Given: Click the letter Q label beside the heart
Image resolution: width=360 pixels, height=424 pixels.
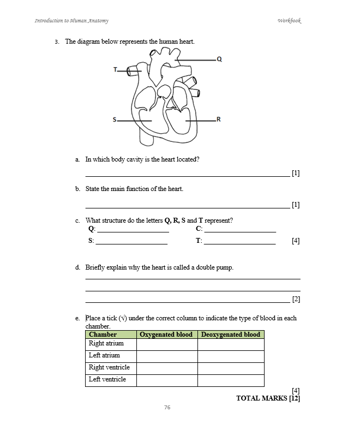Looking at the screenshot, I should point(219,59).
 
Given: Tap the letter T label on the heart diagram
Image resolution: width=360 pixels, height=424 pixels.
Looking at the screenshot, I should point(116,69).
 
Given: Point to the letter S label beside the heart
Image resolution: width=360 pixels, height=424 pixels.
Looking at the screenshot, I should point(115,120).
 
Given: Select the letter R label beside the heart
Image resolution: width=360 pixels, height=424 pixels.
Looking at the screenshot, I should point(219,120).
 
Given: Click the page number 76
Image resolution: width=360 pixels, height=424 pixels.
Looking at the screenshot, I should point(167,407).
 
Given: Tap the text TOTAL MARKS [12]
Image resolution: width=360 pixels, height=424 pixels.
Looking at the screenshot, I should point(268,398).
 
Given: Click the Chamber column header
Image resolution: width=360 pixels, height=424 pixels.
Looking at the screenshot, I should point(103,334).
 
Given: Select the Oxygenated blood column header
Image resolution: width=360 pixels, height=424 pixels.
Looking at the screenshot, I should point(166,334).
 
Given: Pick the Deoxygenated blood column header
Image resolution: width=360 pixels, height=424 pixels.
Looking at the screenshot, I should point(231,334).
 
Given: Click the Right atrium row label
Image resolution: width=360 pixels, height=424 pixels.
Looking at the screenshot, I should point(106,343).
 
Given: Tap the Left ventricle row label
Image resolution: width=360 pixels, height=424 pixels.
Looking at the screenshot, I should point(107,379).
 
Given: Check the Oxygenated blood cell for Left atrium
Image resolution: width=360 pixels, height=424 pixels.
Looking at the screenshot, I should point(166,356).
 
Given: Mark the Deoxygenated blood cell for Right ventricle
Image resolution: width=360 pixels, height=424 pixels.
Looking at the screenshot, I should point(231,368).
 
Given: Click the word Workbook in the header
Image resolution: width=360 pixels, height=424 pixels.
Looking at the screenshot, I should point(289,21).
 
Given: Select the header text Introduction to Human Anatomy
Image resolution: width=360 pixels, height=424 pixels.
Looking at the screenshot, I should point(71,21).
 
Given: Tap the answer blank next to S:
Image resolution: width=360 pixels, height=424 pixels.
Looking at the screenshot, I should point(132,243).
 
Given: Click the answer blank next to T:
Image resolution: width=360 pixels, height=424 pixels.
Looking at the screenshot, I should point(239,243).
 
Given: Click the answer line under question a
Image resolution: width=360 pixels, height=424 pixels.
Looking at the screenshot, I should point(187,176).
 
